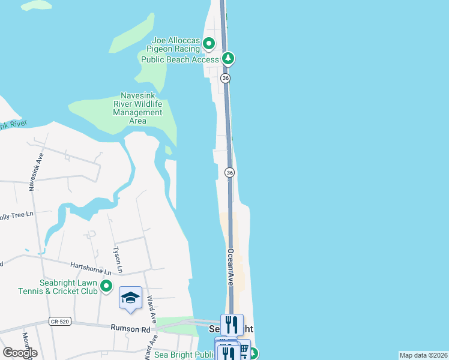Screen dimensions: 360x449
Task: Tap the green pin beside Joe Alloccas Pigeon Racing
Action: coord(209,43)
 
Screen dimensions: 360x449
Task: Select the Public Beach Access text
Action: coord(179,59)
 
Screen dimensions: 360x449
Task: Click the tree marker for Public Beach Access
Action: coord(228,59)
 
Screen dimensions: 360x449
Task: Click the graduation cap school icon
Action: coord(130,298)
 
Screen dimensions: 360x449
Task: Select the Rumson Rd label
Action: coord(130,328)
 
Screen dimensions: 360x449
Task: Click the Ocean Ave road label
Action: coord(230,267)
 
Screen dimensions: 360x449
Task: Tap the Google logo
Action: coord(20,353)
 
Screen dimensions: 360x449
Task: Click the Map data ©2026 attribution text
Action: coord(423,355)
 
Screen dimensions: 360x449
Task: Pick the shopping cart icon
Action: coord(244,349)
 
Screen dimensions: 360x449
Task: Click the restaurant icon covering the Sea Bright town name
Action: coord(232,325)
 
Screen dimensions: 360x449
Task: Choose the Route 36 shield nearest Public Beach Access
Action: coord(225,78)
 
